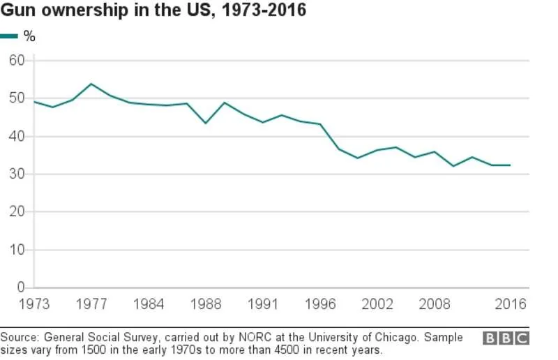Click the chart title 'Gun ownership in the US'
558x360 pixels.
[x=153, y=12]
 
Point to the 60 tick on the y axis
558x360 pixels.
[x=17, y=61]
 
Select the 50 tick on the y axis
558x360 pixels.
[x=17, y=98]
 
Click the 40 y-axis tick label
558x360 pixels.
[x=17, y=137]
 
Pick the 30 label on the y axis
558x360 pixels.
[x=17, y=174]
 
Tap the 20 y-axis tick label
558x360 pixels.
[x=17, y=212]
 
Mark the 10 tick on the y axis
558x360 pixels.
[x=17, y=250]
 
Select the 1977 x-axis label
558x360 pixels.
[x=91, y=303]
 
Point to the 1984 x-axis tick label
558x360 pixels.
[x=149, y=303]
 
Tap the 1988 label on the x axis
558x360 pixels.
[x=205, y=303]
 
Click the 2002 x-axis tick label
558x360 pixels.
[x=377, y=303]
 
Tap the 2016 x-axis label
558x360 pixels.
[x=510, y=303]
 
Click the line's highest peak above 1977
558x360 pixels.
[x=91, y=84]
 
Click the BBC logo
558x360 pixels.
[x=506, y=338]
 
